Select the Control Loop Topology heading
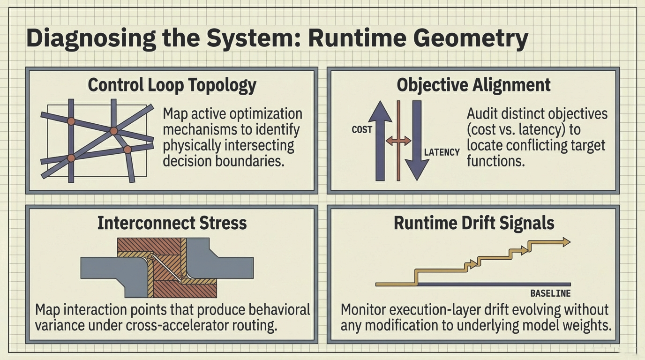(x=172, y=85)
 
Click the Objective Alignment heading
(x=473, y=85)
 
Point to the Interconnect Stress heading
(x=172, y=223)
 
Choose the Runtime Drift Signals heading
(x=474, y=223)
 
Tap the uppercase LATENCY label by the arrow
(x=442, y=152)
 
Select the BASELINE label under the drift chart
(x=550, y=293)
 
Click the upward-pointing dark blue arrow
(x=380, y=141)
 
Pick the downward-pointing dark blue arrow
(x=417, y=141)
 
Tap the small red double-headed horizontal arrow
(x=398, y=140)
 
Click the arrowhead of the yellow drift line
(x=565, y=242)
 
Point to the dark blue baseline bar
(x=492, y=284)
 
